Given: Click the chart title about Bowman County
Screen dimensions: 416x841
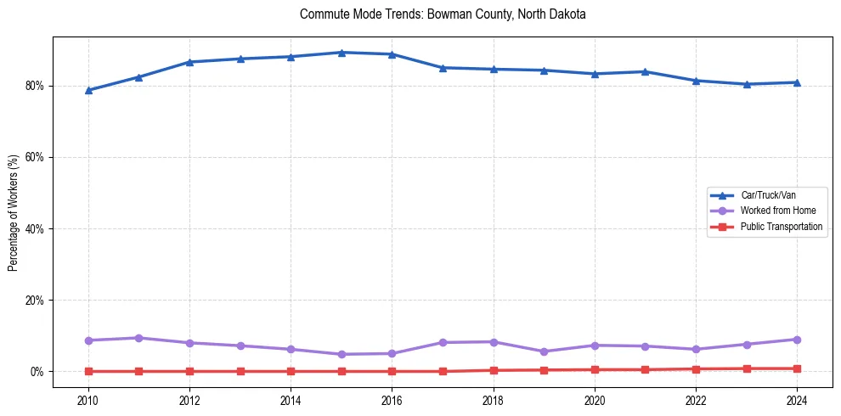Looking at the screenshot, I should (431, 14).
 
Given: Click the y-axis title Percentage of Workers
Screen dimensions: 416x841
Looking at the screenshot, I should (13, 212).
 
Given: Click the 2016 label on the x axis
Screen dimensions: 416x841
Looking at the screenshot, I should (392, 400).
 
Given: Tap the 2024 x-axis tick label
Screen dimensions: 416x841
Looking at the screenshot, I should (797, 400).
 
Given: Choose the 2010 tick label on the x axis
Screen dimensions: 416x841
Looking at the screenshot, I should (88, 400).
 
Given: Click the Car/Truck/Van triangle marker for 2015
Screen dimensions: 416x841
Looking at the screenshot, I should (341, 53).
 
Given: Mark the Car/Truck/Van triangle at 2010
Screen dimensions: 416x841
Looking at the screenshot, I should (88, 90).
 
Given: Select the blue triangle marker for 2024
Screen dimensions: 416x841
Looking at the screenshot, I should (797, 82).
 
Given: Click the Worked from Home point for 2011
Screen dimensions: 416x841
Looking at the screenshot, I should (138, 338).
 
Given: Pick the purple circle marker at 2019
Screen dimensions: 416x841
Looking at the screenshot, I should (544, 351).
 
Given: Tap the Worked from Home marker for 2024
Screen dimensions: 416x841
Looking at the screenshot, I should (797, 340).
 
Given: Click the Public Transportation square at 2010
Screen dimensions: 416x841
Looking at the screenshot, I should (88, 371).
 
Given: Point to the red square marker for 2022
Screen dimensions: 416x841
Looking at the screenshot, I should (696, 369).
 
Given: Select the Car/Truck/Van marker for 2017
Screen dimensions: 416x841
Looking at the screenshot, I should (443, 68).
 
